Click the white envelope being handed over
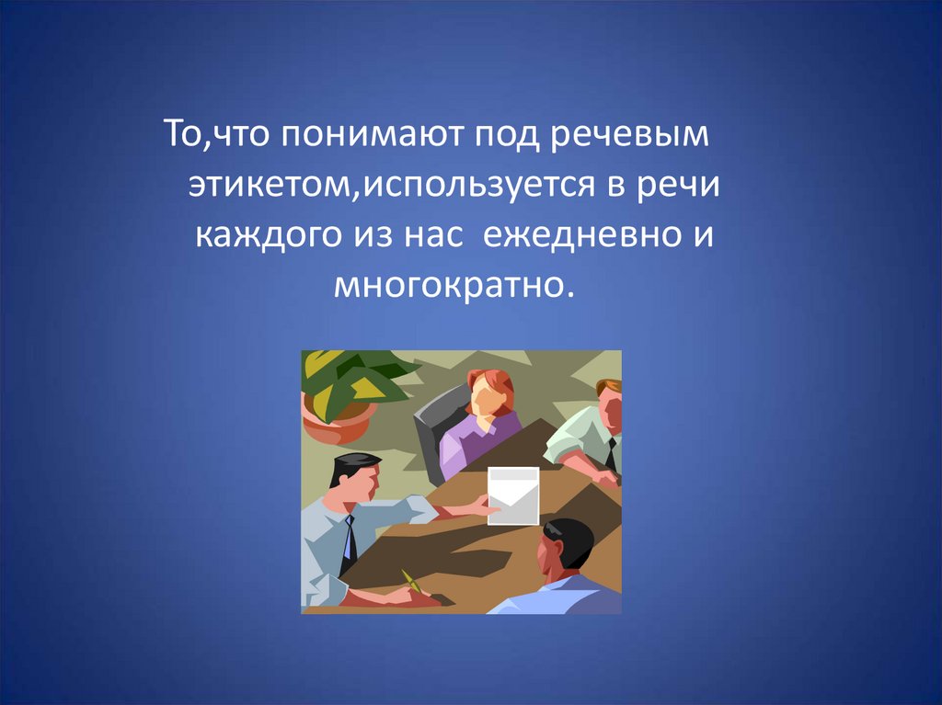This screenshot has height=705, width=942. point(512,495)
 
